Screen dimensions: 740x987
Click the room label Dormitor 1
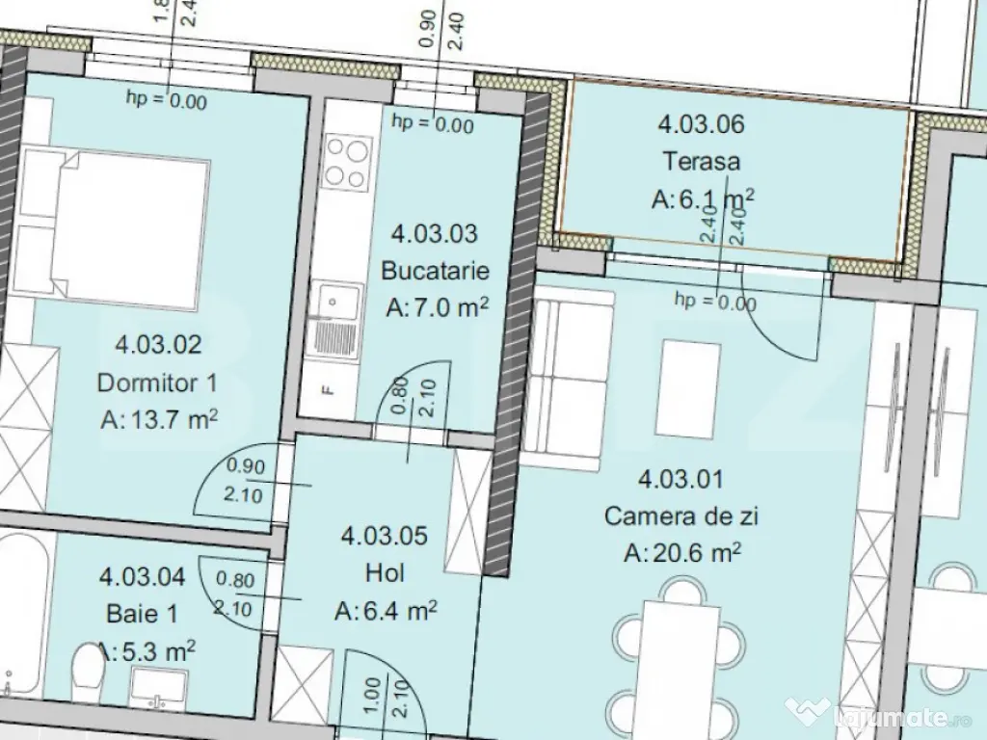(157, 383)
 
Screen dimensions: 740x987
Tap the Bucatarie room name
(429, 271)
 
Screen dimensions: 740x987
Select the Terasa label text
(701, 161)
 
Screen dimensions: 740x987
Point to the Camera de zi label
(681, 516)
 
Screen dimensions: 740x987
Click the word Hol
(385, 573)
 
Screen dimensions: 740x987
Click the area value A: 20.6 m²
(681, 553)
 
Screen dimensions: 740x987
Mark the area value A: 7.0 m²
(437, 307)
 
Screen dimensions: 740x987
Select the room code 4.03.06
(701, 123)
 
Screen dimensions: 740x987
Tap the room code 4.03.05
(385, 537)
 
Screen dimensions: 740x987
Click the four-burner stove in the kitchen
(348, 162)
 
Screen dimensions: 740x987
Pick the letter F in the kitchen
(327, 390)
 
